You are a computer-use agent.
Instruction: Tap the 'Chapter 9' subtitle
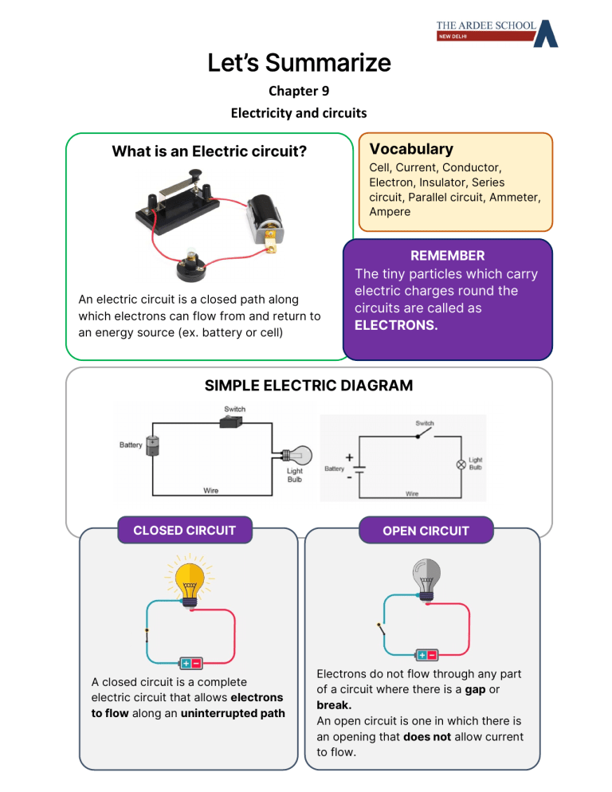pos(299,91)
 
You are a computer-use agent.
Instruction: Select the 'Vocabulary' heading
pos(411,149)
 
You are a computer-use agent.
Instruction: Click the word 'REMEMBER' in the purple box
pos(447,256)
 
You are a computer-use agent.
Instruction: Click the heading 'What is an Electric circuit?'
pos(210,151)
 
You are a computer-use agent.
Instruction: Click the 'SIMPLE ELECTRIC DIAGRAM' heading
pos(308,386)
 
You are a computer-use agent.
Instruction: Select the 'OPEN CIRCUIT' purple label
pos(426,531)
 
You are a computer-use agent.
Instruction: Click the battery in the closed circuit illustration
pos(190,663)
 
